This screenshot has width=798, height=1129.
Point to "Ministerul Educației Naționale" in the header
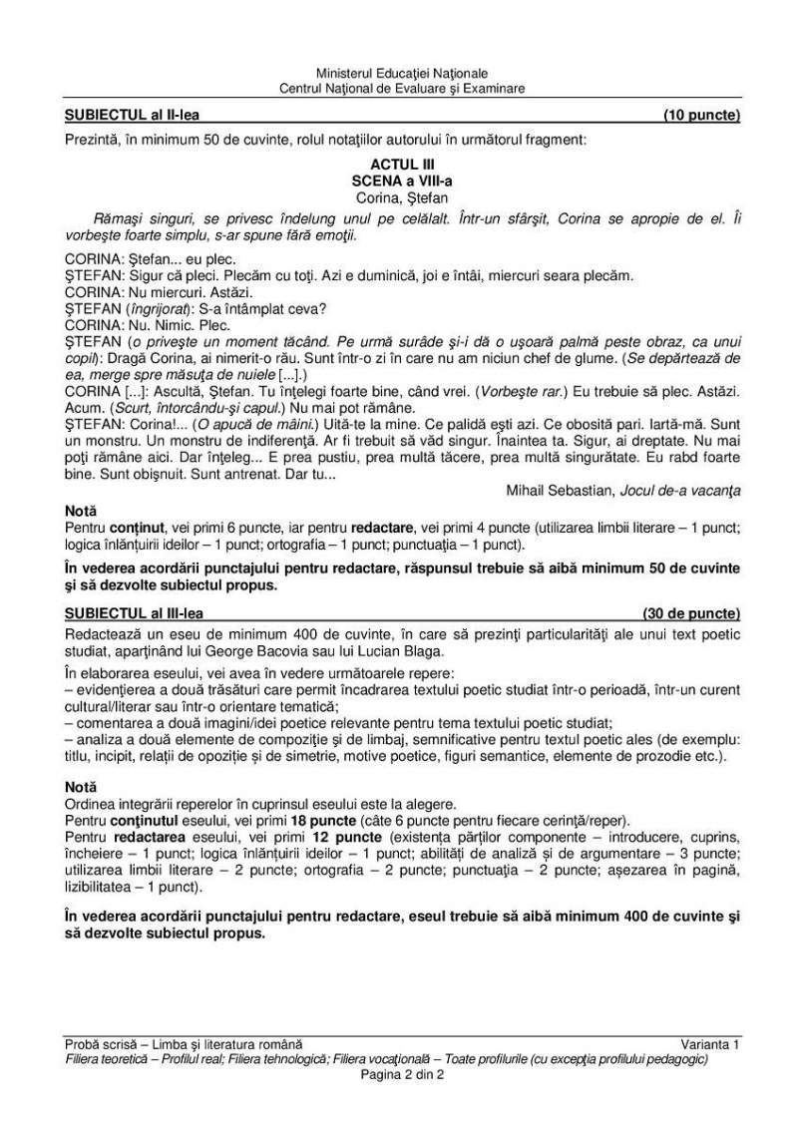[402, 74]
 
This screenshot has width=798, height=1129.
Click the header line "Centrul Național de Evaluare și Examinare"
[402, 88]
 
